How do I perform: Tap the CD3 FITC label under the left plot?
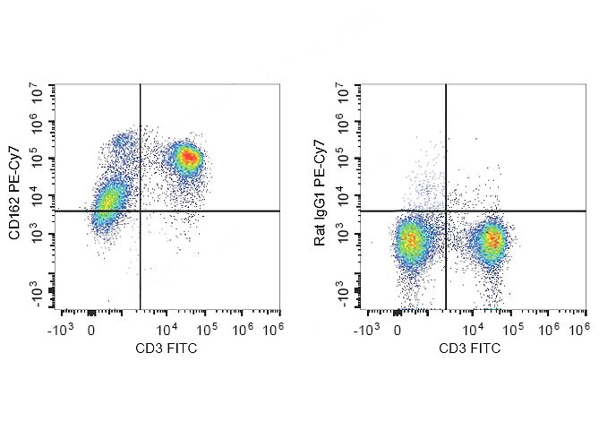click(167, 348)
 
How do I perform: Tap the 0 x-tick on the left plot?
click(91, 331)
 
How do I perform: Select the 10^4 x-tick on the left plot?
click(167, 331)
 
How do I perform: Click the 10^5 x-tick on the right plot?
click(512, 331)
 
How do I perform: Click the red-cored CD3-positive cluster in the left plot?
click(188, 159)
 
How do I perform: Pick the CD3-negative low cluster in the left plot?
click(108, 205)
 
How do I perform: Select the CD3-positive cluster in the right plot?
click(492, 239)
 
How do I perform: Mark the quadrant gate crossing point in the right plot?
click(446, 211)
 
